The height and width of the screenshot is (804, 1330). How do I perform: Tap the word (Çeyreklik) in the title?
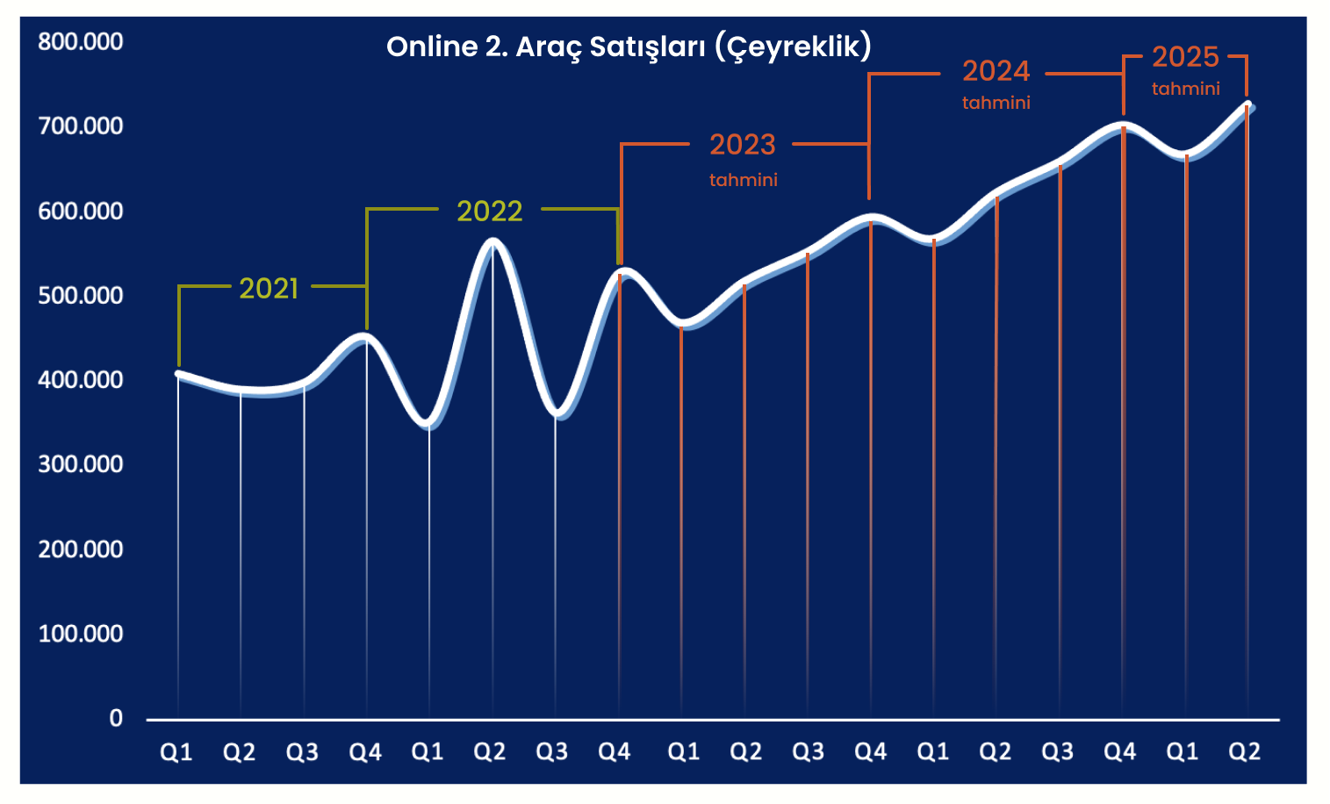click(x=793, y=47)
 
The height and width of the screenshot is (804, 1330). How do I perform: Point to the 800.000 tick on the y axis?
click(x=81, y=41)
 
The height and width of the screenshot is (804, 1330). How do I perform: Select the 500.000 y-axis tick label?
click(x=81, y=295)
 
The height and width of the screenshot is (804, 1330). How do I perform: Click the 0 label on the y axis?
click(x=116, y=718)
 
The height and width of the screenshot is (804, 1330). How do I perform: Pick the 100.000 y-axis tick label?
click(x=81, y=633)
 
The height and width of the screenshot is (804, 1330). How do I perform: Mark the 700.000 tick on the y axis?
click(x=81, y=126)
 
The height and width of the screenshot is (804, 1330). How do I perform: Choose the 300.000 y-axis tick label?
click(x=81, y=463)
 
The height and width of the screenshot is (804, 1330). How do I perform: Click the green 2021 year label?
click(x=269, y=288)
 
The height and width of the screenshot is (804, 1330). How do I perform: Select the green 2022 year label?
click(x=490, y=211)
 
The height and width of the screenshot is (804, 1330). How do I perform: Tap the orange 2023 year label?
click(x=743, y=144)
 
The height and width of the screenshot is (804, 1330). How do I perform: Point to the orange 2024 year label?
click(x=996, y=70)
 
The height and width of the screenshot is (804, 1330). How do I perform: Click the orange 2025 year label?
click(x=1185, y=57)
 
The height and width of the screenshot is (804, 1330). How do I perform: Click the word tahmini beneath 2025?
click(x=1185, y=89)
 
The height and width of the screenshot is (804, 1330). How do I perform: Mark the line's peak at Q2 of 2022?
click(x=492, y=241)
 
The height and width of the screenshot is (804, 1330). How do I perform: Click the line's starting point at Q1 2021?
click(x=178, y=374)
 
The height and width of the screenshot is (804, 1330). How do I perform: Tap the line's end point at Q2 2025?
click(x=1247, y=106)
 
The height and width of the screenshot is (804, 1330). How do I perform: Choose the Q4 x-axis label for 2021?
click(x=365, y=752)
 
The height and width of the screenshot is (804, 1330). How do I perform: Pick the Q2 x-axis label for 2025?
click(x=1244, y=752)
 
